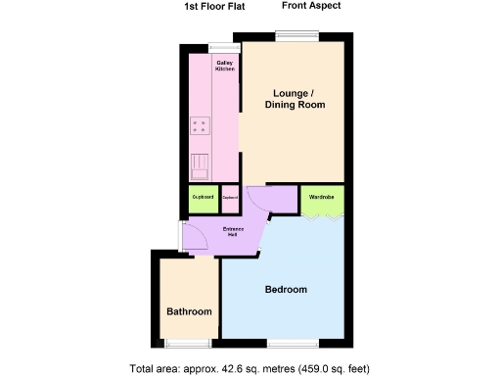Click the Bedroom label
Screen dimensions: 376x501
point(286,290)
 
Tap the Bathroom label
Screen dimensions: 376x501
point(189,311)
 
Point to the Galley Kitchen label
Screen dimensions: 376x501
point(224,66)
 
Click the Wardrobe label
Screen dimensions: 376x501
point(322,197)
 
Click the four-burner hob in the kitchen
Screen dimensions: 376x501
point(202,125)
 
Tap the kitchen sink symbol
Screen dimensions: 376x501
point(200,167)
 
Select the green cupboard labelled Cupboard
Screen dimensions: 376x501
point(203,198)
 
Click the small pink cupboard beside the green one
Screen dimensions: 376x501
point(230,198)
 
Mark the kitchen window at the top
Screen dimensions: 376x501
point(224,46)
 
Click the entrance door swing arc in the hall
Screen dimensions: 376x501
point(194,235)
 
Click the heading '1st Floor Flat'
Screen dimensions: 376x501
point(214,7)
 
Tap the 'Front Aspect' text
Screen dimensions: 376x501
point(310,7)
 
